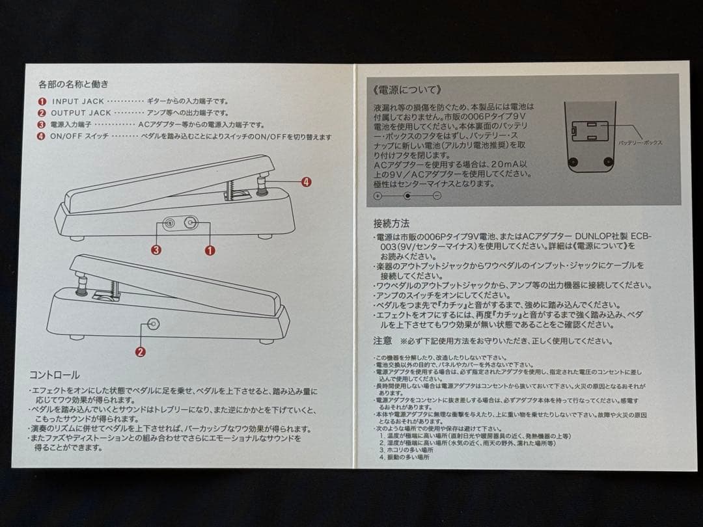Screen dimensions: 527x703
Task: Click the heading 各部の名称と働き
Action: point(73,84)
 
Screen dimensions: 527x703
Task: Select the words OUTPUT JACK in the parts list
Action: point(81,113)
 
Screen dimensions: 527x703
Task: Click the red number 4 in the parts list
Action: point(42,137)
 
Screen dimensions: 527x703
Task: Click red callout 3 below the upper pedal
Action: point(156,249)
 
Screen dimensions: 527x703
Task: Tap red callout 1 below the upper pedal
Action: point(210,249)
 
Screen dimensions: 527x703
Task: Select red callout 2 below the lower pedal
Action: point(140,352)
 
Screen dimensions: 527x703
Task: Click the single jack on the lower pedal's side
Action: point(154,323)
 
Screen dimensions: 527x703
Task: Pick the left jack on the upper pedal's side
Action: point(169,223)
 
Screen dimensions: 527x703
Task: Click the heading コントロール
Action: point(54,375)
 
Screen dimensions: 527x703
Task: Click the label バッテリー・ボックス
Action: point(640,142)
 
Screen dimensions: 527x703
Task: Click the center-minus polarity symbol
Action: point(407,195)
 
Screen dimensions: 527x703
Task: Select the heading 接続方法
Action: point(392,223)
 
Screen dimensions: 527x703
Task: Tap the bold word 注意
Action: point(382,340)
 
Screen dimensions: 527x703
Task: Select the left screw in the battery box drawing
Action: point(573,161)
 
